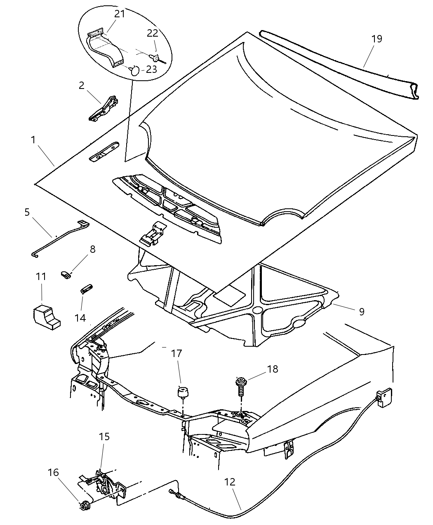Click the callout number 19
(x=377, y=39)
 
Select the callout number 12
(x=230, y=481)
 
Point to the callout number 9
(x=361, y=312)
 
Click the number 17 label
(x=177, y=354)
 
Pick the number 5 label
(x=27, y=212)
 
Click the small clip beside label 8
(x=66, y=274)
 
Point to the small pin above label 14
(x=86, y=288)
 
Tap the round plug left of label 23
(x=135, y=70)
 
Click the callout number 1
(x=33, y=140)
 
